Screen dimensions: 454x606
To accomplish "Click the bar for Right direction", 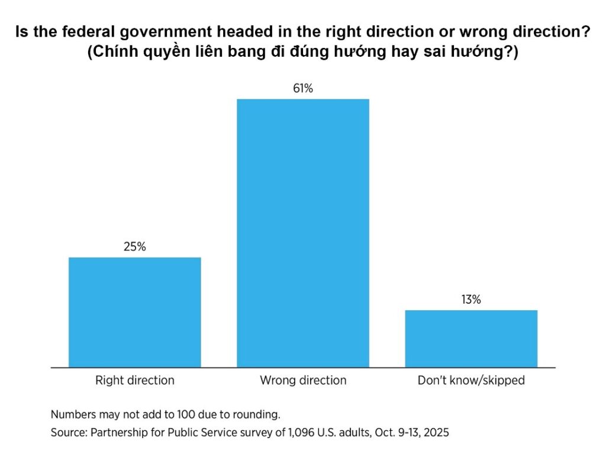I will point(135,312).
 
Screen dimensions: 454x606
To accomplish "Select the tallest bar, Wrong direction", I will point(303,233).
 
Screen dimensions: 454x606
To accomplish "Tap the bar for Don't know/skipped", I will point(471,338).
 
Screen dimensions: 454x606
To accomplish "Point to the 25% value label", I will point(135,247).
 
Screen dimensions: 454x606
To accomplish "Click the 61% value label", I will point(303,89).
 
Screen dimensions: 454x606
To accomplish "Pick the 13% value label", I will point(471,300).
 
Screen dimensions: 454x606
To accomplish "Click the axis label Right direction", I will point(135,380).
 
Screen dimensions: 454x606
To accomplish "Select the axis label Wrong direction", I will point(303,380).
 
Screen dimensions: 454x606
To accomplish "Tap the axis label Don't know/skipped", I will point(471,380).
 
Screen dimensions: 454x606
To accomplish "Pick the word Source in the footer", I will point(68,433).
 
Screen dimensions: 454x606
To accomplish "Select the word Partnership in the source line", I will point(120,433).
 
